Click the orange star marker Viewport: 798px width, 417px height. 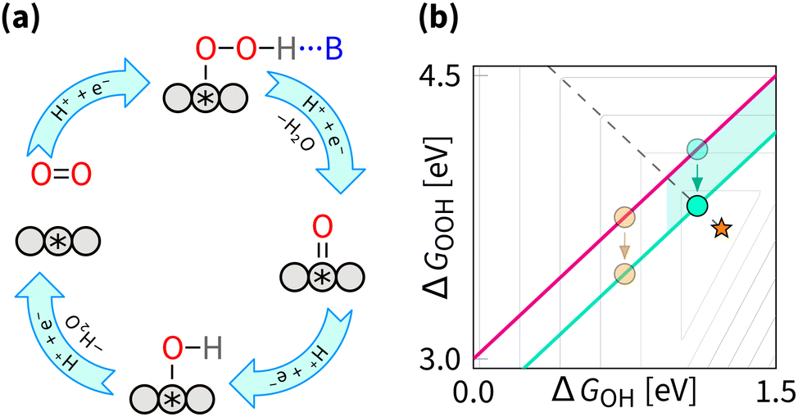[720, 229]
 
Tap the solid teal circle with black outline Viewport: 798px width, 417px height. [697, 206]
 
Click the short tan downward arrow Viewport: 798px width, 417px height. [624, 245]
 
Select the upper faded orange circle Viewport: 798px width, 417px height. [624, 217]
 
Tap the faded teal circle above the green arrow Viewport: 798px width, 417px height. [697, 149]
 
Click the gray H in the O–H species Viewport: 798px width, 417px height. [211, 352]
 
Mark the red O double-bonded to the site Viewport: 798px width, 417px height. [322, 224]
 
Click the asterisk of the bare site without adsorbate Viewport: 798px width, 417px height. [57, 242]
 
